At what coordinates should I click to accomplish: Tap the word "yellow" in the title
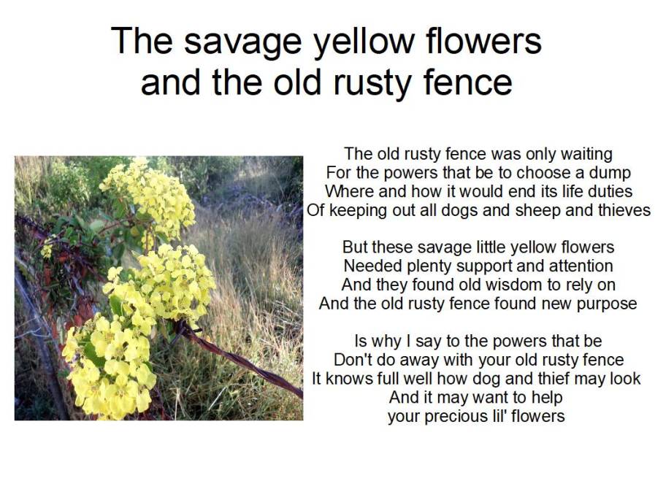[371, 42]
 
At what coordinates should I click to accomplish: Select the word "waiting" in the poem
[586, 155]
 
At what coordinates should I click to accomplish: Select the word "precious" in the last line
[456, 417]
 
